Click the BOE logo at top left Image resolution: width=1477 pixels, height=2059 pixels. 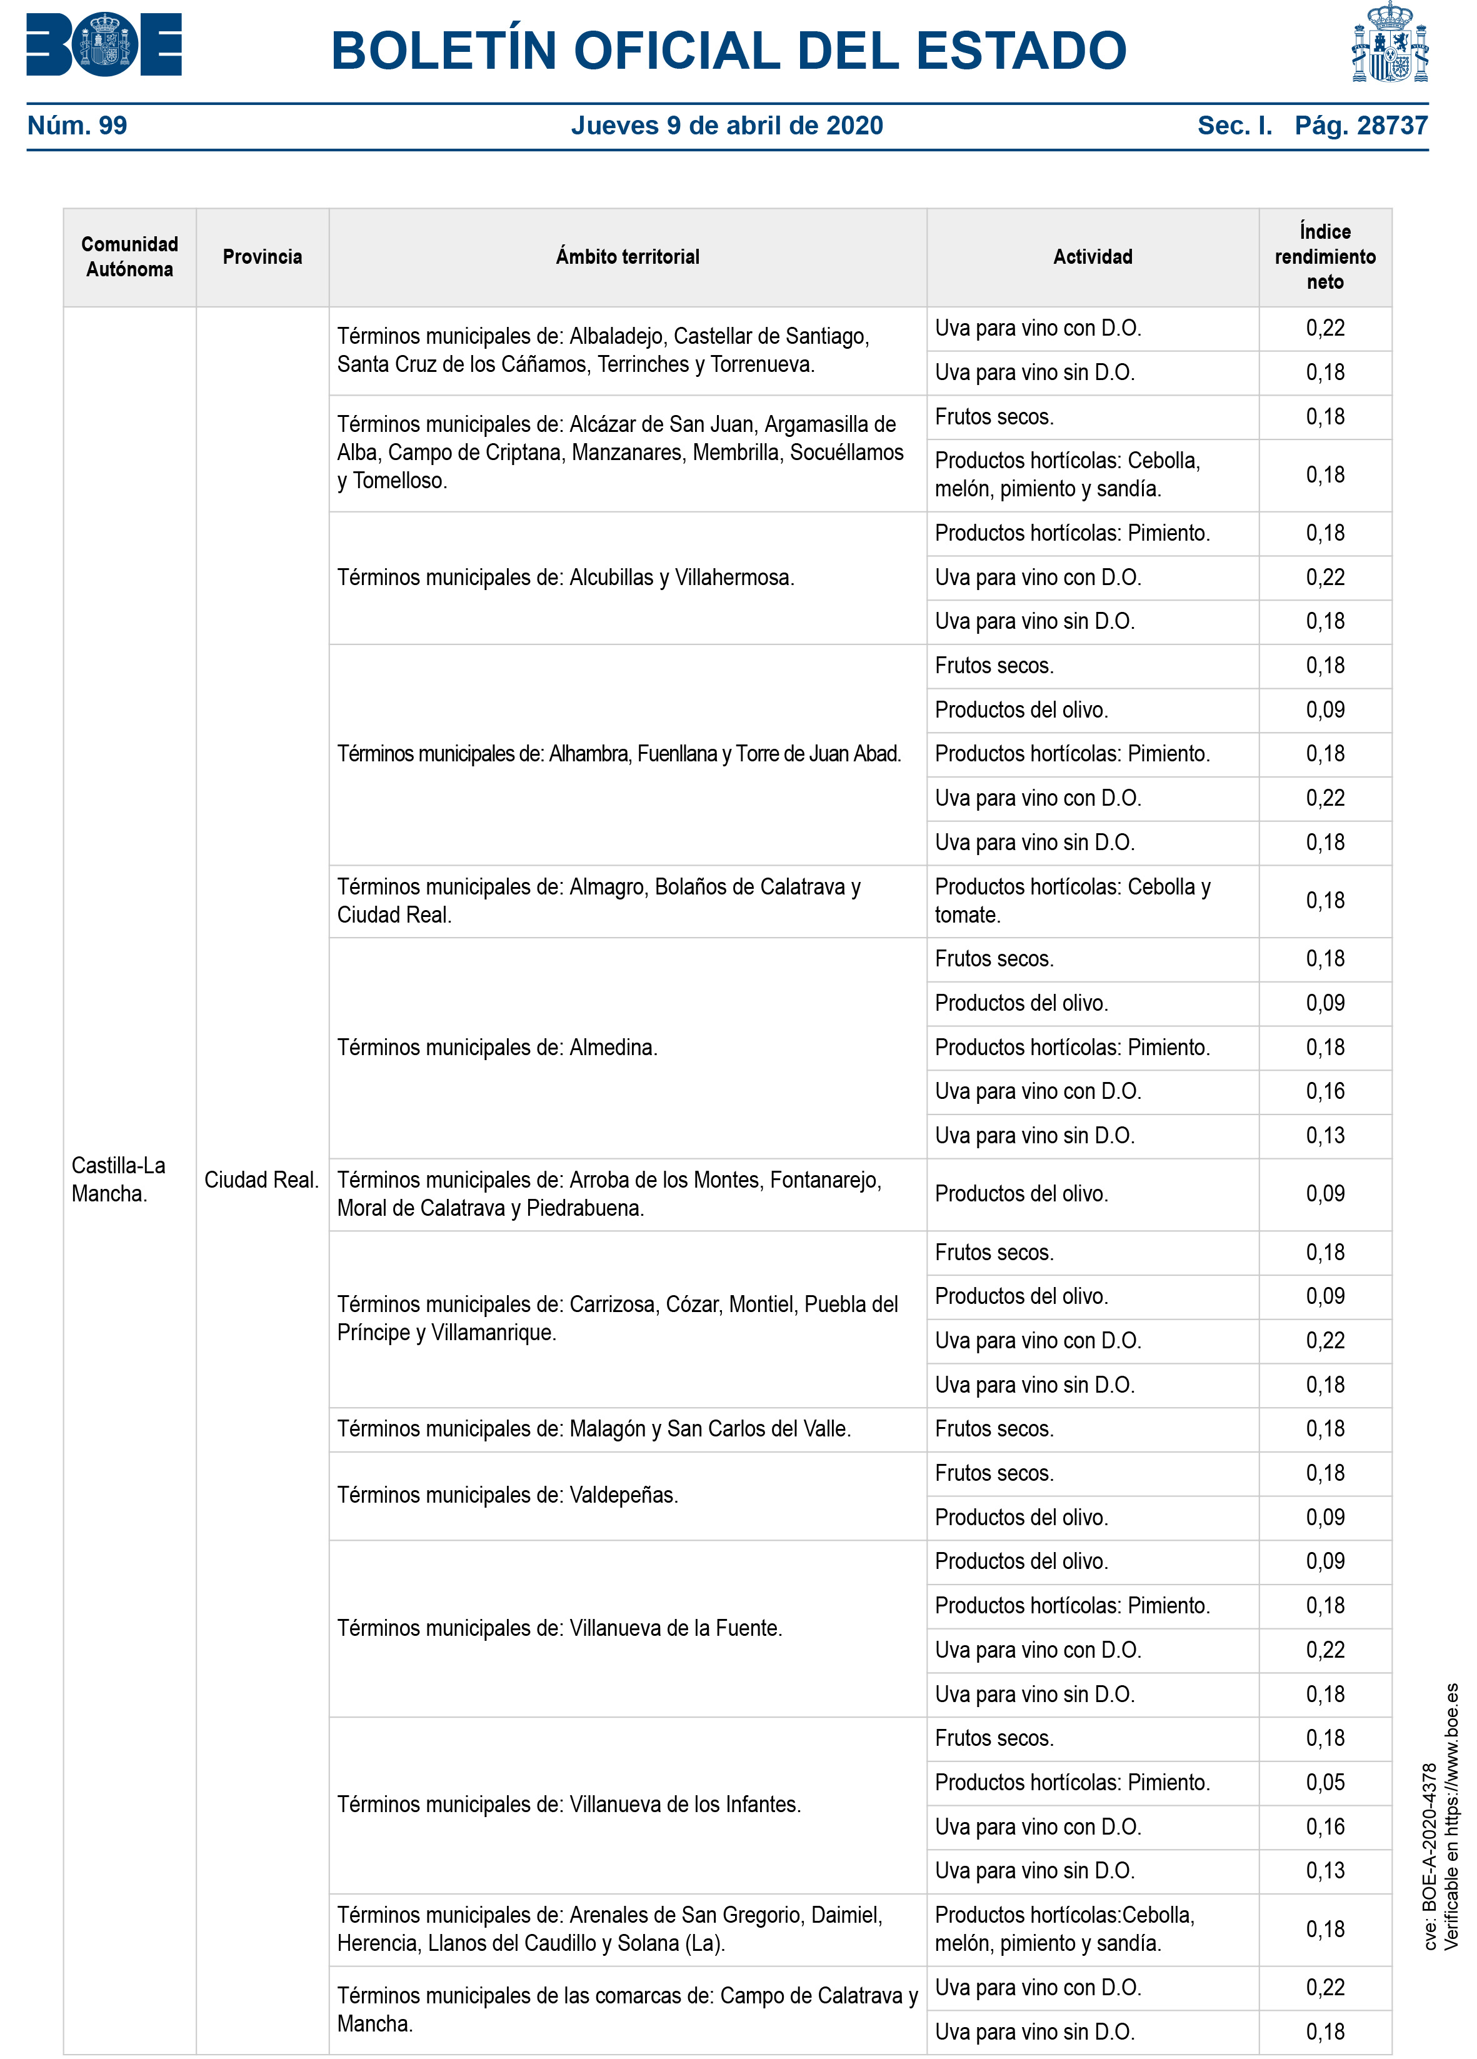[104, 44]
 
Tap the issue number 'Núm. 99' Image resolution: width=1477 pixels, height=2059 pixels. [77, 125]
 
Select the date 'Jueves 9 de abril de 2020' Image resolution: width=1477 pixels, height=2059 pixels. [726, 125]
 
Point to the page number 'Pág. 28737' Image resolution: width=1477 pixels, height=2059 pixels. [1360, 125]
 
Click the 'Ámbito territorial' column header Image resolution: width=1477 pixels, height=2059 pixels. [628, 257]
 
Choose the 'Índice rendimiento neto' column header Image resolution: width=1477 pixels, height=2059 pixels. [1324, 257]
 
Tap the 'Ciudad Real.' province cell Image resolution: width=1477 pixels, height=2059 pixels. [261, 1180]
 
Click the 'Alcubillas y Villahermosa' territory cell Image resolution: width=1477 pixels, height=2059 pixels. [566, 578]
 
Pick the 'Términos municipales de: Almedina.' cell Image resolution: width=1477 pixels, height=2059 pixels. [496, 1047]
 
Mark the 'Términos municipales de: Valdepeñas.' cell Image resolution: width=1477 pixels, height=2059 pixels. [508, 1495]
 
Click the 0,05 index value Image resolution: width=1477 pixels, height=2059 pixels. [1324, 1781]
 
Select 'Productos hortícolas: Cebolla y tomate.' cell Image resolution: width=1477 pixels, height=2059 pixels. [1072, 901]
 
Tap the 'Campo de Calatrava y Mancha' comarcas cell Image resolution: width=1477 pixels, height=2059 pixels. [626, 2008]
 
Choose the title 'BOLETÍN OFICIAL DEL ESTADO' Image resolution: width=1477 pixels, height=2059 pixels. [728, 50]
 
